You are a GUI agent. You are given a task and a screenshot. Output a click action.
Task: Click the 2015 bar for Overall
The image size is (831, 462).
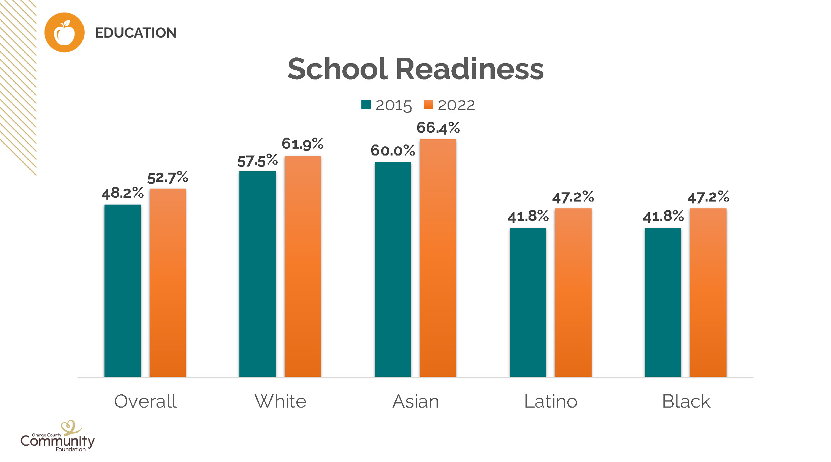tap(122, 291)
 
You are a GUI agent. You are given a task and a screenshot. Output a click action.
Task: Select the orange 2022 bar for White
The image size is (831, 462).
tap(303, 266)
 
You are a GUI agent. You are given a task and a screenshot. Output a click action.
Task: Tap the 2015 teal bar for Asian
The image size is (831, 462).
tap(393, 269)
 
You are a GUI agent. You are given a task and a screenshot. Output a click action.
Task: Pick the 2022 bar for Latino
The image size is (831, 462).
tap(573, 293)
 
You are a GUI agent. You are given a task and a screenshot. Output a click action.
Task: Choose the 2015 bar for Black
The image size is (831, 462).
tap(663, 302)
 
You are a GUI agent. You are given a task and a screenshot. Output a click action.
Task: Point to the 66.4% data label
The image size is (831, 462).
tap(438, 128)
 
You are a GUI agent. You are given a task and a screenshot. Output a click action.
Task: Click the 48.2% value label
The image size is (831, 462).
tap(122, 193)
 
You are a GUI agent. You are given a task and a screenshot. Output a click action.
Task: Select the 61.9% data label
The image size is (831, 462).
tap(302, 144)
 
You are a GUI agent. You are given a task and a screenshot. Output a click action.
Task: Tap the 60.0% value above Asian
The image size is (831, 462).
tap(393, 151)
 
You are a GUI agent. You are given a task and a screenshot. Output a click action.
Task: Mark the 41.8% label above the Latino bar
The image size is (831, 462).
tap(528, 216)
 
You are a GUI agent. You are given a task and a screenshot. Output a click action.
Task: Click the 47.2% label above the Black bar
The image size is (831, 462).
tap(708, 197)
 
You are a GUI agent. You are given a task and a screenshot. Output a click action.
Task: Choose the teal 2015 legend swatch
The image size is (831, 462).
tap(366, 105)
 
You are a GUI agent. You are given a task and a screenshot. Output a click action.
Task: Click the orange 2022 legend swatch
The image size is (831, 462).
tap(428, 105)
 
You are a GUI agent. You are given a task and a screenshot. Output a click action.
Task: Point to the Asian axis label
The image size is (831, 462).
tap(415, 401)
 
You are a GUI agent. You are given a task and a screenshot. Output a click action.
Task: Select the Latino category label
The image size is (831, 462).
tap(551, 401)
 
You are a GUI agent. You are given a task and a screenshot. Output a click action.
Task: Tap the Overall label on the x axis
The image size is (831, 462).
tap(145, 401)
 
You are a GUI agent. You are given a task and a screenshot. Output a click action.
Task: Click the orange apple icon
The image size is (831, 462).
tap(64, 33)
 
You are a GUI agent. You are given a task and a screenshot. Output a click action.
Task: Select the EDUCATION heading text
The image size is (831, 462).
tap(136, 33)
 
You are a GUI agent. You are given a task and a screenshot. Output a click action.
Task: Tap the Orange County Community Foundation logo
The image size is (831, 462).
tap(57, 437)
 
